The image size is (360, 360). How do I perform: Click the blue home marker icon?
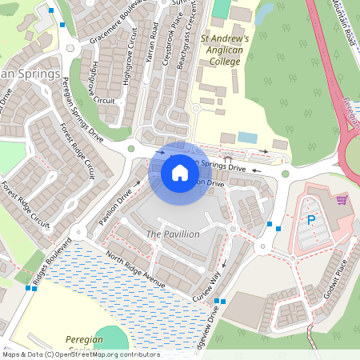(180, 172)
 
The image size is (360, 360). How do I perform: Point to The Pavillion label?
(173, 234)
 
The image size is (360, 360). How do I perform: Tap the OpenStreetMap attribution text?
(80, 354)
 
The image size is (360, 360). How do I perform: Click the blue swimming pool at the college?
(248, 138)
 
